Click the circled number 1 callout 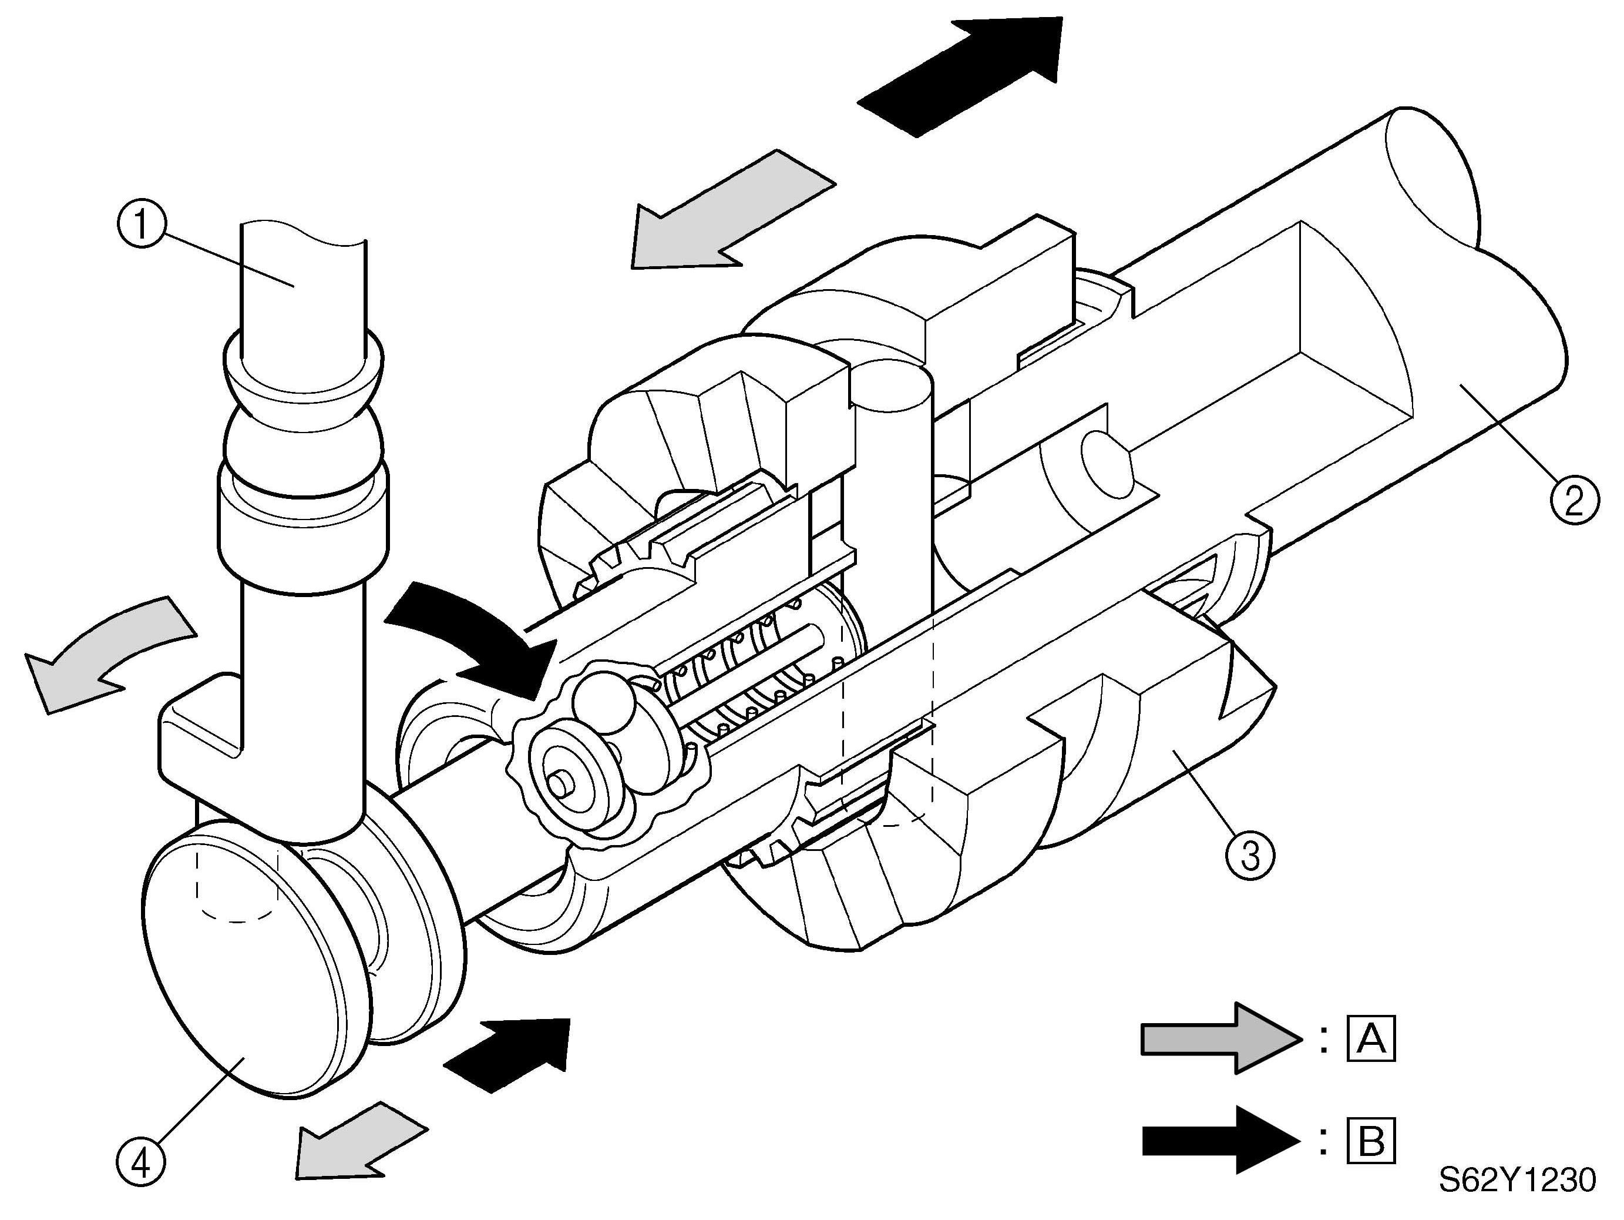[x=142, y=224]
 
